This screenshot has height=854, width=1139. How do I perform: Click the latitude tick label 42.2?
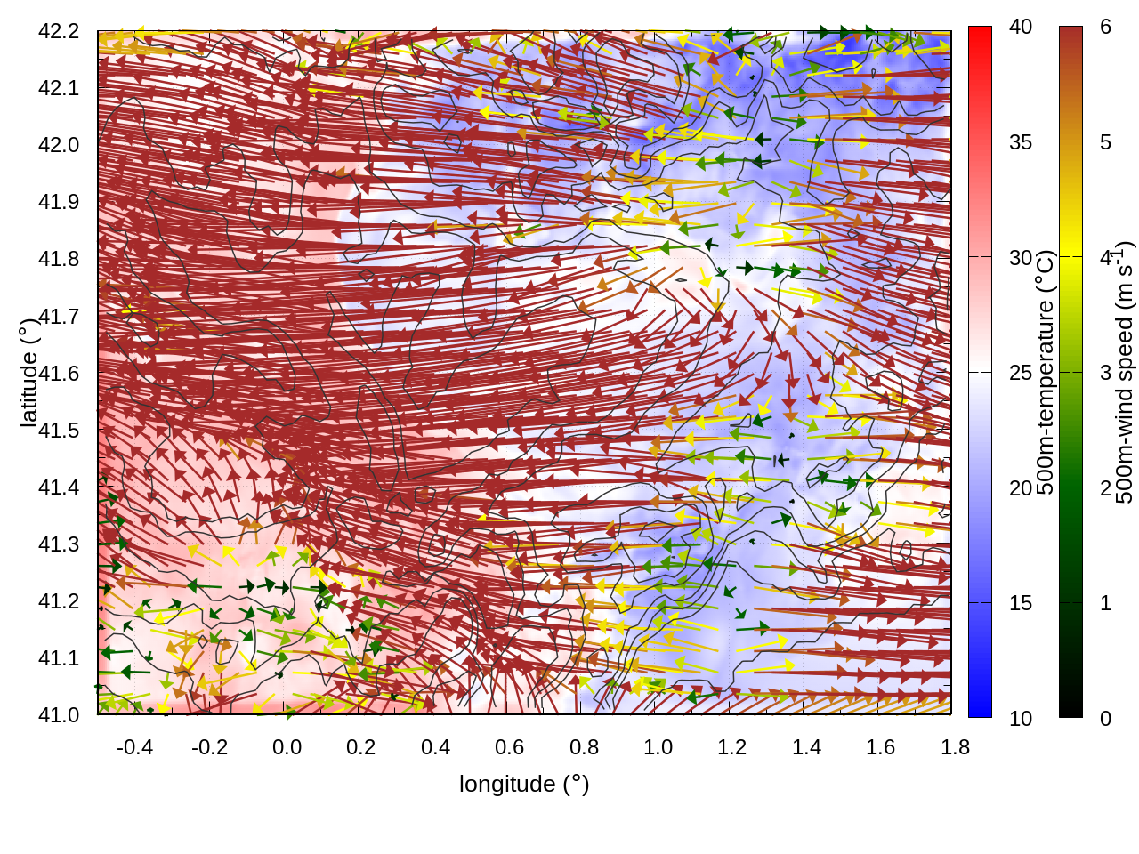click(59, 31)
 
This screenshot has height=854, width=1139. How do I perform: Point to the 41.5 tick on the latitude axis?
click(59, 431)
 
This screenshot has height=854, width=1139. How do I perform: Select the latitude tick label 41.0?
click(59, 715)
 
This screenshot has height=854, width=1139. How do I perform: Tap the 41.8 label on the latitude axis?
click(59, 259)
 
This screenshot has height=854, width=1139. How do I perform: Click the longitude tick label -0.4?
click(135, 747)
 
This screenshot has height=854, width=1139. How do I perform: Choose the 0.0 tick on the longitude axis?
click(287, 747)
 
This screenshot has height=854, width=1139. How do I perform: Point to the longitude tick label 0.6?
click(510, 747)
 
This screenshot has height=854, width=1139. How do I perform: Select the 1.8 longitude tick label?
click(955, 747)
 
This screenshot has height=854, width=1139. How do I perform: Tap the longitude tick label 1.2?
click(732, 747)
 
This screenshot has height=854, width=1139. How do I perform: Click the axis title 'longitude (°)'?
click(524, 784)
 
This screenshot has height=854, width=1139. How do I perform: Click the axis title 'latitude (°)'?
click(29, 373)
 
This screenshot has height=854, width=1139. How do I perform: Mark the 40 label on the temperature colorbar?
click(1021, 27)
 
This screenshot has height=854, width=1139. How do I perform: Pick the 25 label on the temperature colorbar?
click(1021, 373)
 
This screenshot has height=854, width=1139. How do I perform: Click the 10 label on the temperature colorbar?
click(1021, 718)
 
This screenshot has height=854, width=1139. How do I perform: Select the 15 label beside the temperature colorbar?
click(1021, 603)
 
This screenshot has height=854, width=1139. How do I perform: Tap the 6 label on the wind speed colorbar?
click(1105, 27)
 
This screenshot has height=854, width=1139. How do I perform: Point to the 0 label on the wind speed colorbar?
click(1105, 718)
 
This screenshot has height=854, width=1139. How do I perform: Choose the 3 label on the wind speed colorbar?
click(1105, 373)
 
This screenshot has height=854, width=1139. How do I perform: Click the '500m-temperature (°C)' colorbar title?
click(1046, 373)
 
